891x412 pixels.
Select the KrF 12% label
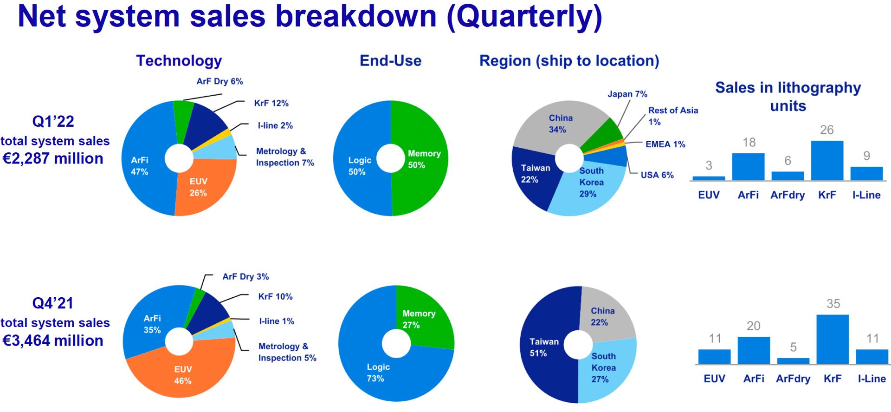pyautogui.click(x=271, y=103)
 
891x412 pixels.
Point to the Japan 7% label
pyautogui.click(x=627, y=94)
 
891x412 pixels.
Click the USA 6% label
pyautogui.click(x=657, y=175)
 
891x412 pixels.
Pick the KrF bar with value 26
pyautogui.click(x=827, y=160)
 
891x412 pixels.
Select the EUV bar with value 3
pyautogui.click(x=709, y=178)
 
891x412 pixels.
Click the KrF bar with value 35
pyautogui.click(x=833, y=339)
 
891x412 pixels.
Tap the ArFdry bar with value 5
pyautogui.click(x=793, y=361)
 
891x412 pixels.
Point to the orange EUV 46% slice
pyautogui.click(x=181, y=372)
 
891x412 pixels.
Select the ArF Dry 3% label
pyautogui.click(x=245, y=277)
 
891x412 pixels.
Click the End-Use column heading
pyautogui.click(x=391, y=61)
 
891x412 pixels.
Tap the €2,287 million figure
pyautogui.click(x=53, y=159)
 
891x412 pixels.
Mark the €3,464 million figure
pyautogui.click(x=53, y=341)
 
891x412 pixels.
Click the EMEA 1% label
pyautogui.click(x=665, y=144)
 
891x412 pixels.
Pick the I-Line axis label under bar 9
pyautogui.click(x=866, y=195)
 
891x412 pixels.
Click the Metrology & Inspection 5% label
pyautogui.click(x=287, y=352)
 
